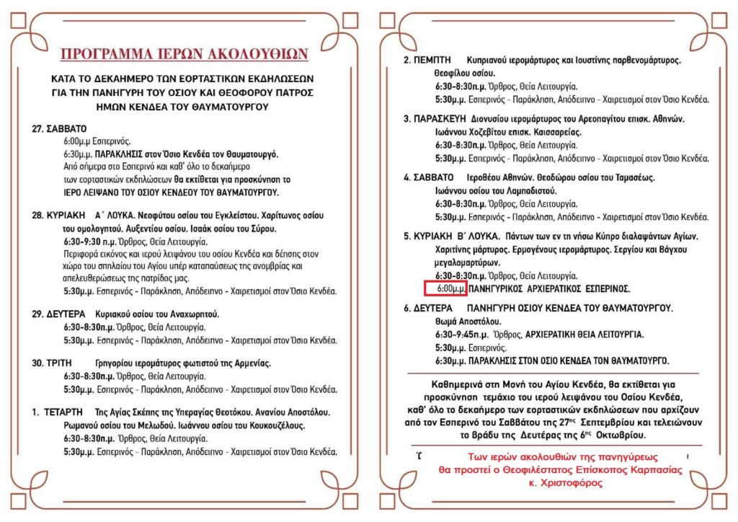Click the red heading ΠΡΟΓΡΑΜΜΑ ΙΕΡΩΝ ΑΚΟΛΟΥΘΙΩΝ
[x=184, y=54]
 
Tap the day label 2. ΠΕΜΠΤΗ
[x=427, y=60]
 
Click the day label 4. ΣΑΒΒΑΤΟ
[x=428, y=177]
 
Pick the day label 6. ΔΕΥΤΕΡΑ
[x=430, y=308]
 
